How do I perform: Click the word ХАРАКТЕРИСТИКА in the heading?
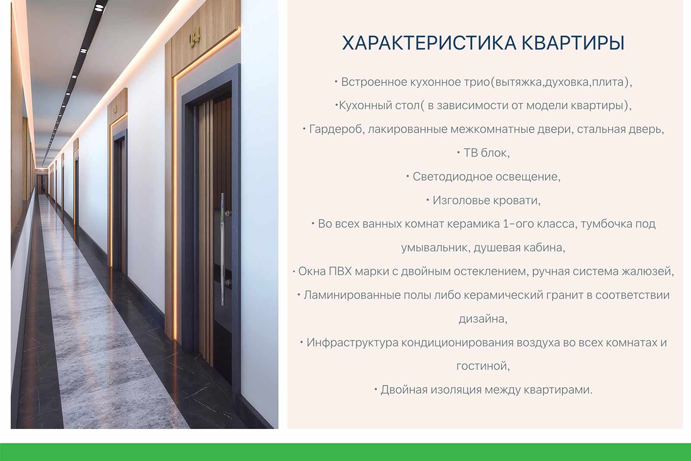[429, 43]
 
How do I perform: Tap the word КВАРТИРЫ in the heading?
[573, 43]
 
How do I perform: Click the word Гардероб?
[337, 130]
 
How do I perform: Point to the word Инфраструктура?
[352, 343]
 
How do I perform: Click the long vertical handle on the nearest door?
[222, 249]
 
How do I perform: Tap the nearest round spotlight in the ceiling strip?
[99, 8]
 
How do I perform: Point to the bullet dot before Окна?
[294, 271]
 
